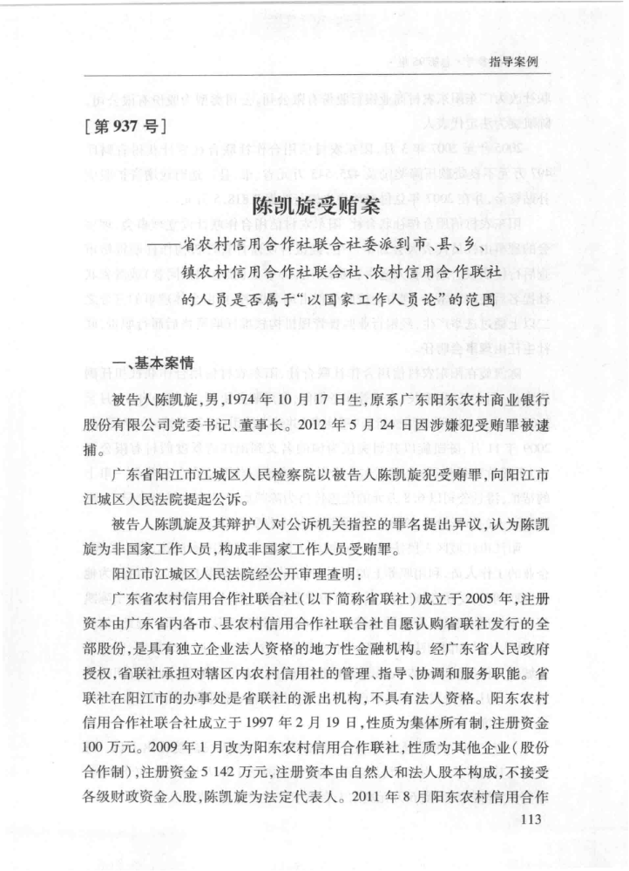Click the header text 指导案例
514,63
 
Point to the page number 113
530,819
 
